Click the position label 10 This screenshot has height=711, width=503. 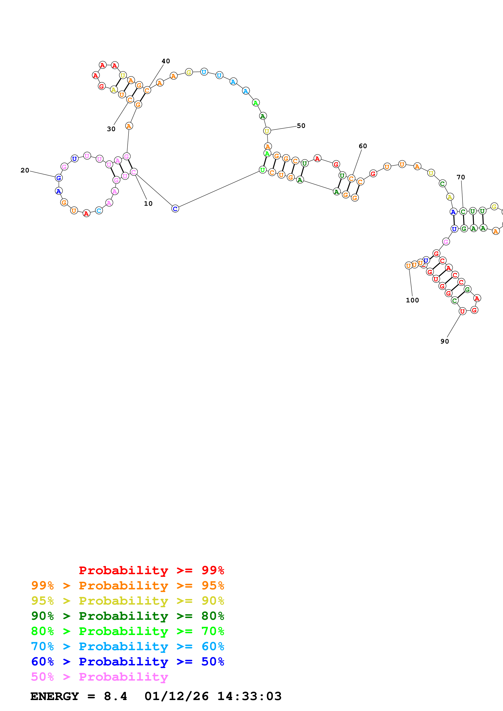tap(148, 203)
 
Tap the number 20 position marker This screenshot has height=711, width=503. tap(25, 170)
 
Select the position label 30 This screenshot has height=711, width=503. tap(111, 129)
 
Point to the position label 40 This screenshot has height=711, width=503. tap(166, 61)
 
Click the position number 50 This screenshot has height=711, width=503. tap(301, 126)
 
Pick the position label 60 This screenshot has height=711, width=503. tap(363, 146)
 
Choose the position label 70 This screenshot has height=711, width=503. tap(461, 177)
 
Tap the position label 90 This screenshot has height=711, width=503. tap(445, 341)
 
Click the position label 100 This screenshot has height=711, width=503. tap(412, 300)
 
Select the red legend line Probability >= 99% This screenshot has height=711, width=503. tap(151, 570)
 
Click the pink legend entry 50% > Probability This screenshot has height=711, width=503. tap(99, 677)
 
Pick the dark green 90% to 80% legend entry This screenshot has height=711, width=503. tap(127, 616)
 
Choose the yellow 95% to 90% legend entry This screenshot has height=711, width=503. tap(127, 601)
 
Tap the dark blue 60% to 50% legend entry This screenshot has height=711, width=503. tap(127, 662)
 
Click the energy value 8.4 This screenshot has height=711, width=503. tap(115, 696)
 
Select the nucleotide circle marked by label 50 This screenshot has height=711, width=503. tap(267, 131)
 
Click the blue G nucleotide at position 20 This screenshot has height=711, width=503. tap(59, 178)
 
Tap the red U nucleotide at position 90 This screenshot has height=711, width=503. tap(462, 311)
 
